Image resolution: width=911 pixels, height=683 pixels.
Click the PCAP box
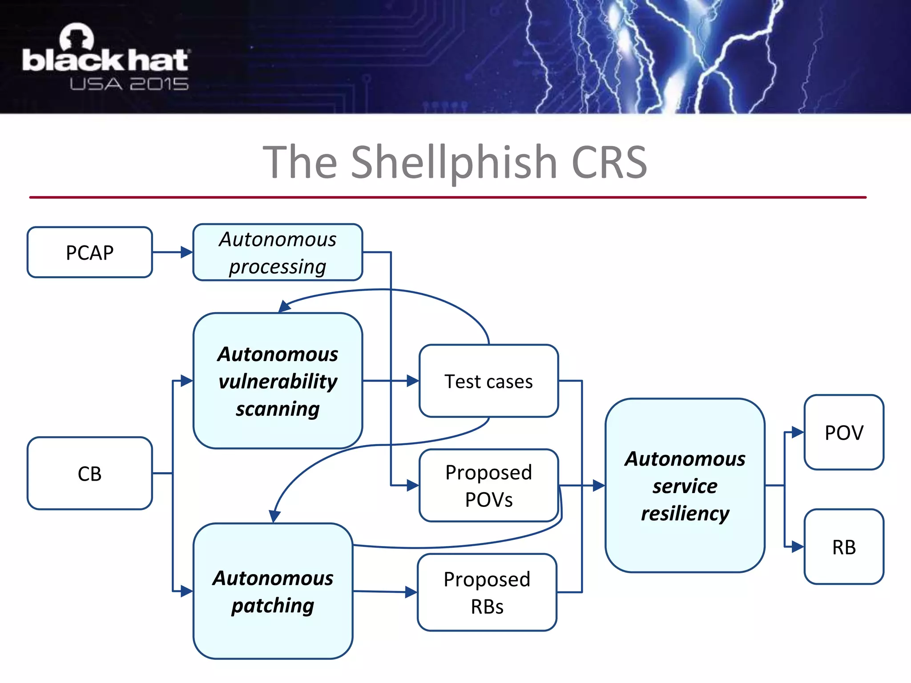(x=89, y=253)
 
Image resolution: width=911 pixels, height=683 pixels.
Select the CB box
(x=89, y=473)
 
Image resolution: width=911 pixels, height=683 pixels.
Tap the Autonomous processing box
(x=278, y=253)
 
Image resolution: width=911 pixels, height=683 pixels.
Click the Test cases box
(x=488, y=381)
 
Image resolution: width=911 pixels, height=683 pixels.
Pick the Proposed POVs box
(x=488, y=485)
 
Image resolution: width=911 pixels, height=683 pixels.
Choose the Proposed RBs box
(x=487, y=592)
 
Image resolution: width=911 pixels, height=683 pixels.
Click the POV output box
(x=844, y=432)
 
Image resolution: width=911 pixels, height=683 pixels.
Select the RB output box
(x=844, y=546)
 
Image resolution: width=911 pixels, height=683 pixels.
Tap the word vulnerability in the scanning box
(x=278, y=382)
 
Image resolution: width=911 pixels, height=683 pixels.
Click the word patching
(x=272, y=606)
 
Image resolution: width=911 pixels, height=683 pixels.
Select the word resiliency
(x=685, y=513)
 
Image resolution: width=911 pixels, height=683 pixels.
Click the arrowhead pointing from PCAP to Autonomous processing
(x=186, y=253)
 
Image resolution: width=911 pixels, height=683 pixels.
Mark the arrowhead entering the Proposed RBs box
(x=411, y=592)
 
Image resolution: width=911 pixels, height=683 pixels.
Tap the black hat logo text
(x=105, y=60)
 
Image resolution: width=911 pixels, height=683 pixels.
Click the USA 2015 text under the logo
(x=129, y=84)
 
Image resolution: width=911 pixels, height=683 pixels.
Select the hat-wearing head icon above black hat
(x=77, y=36)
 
